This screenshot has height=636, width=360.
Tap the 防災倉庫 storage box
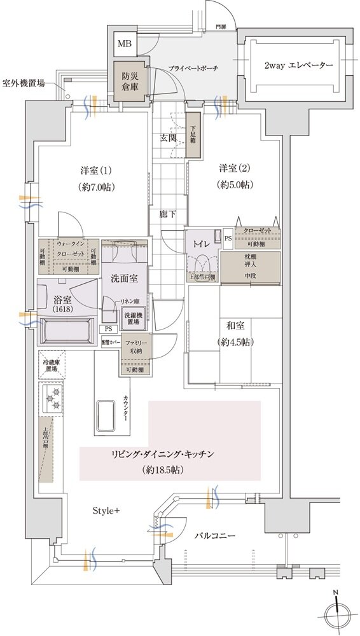pos(129,80)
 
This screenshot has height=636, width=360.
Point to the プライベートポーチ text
pos(193,67)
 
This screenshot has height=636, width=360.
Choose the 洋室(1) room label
pos(95,170)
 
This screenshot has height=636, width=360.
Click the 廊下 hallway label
pos(167,215)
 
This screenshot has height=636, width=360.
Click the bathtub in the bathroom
pos(66,331)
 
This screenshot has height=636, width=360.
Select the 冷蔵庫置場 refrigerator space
pos(51,365)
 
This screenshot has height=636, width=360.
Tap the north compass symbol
pos(336,615)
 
